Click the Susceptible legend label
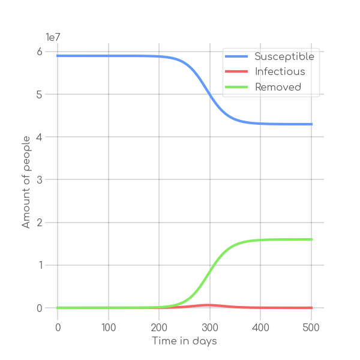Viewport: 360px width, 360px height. pos(284,56)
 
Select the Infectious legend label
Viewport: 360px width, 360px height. pos(280,72)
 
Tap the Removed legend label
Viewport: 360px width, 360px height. pos(278,87)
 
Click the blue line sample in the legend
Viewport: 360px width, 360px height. pos(236,56)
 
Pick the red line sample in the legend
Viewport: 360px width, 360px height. pos(236,72)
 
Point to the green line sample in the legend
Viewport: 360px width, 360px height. pos(236,87)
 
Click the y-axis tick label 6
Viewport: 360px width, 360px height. pos(39,52)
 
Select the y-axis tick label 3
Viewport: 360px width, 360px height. pos(39,180)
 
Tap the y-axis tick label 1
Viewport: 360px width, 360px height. pos(39,265)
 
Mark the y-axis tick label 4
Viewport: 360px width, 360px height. pos(39,137)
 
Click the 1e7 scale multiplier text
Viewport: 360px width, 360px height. pos(53,38)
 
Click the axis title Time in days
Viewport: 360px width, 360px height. pos(184,341)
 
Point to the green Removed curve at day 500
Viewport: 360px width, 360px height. pos(311,239)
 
